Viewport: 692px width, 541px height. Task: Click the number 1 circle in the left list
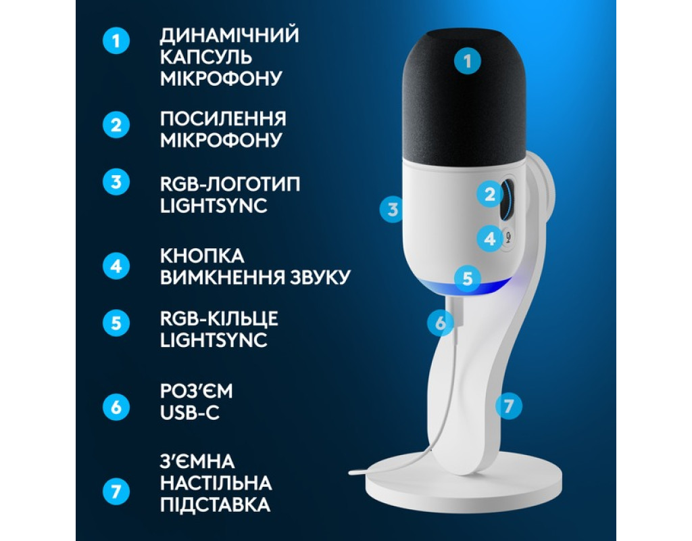[116, 41]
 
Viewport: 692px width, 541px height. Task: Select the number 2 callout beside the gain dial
[489, 194]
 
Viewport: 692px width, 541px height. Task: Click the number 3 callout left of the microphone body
[393, 209]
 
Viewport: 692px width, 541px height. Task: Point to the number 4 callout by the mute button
[490, 239]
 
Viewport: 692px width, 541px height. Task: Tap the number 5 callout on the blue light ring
[468, 279]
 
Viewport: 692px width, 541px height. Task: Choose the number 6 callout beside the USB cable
[441, 323]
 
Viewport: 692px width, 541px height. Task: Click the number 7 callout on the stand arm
[508, 406]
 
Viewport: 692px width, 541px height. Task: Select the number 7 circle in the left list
[116, 492]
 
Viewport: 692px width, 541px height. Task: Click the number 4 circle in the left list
[116, 266]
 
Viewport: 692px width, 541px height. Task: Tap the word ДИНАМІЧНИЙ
[230, 36]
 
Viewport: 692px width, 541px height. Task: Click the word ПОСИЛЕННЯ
[223, 119]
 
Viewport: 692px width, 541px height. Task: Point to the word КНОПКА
[202, 256]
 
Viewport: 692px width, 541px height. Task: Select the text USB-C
[190, 413]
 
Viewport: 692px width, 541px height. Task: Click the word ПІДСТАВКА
[216, 504]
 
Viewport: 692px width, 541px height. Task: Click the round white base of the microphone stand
[464, 486]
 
